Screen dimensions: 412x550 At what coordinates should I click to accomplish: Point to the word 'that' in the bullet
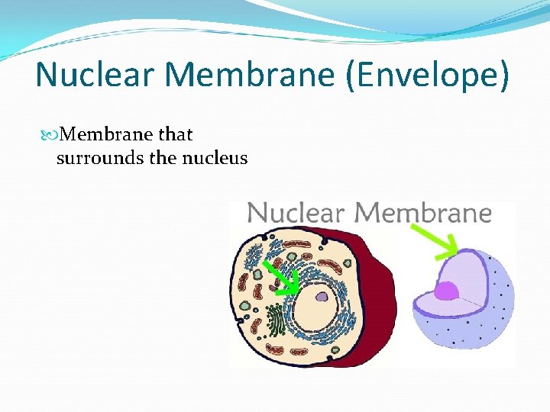176,135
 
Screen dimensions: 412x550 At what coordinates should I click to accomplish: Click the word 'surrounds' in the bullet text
92,158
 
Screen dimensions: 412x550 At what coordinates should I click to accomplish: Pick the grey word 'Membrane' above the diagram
422,212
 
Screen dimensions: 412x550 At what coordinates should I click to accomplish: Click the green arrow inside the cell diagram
283,278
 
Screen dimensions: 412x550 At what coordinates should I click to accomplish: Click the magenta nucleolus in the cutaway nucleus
446,291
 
